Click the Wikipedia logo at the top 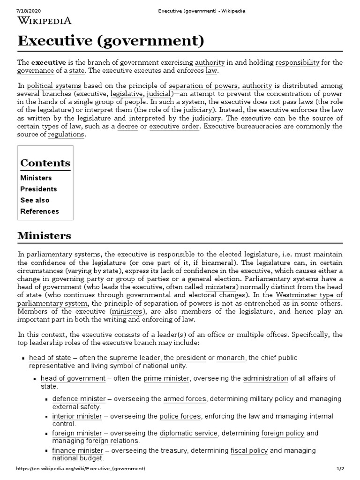45,20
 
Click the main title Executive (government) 111,41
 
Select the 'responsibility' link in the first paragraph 298,62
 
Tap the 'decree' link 127,126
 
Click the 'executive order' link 174,126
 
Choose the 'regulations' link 66,135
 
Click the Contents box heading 45,163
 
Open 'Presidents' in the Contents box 38,189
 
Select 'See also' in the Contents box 35,200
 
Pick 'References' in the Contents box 39,211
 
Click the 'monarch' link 231,358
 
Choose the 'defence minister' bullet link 79,399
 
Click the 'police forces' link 180,416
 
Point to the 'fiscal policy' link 249,450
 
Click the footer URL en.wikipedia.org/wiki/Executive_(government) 81,469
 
